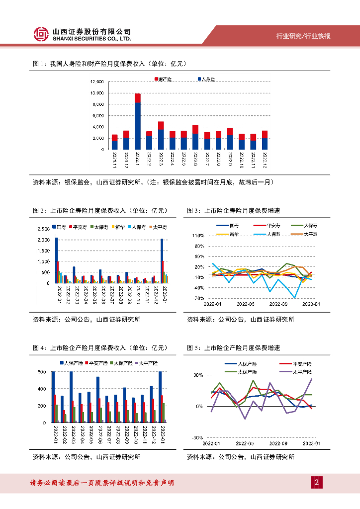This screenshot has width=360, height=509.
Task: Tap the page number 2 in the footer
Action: tap(316, 482)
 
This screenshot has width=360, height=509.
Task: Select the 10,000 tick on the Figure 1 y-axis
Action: tap(97, 93)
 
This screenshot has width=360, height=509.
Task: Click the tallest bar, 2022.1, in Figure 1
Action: tap(137, 121)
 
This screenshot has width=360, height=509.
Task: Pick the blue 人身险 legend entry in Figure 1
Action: tap(207, 80)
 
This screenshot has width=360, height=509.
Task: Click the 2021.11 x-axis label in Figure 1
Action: tap(114, 161)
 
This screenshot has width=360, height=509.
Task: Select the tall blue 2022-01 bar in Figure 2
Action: tap(56, 260)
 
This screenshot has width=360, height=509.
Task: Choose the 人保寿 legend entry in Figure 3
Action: tap(271, 234)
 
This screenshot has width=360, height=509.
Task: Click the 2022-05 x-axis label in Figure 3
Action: tap(245, 304)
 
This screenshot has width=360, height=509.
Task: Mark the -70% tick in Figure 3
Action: tap(199, 298)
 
